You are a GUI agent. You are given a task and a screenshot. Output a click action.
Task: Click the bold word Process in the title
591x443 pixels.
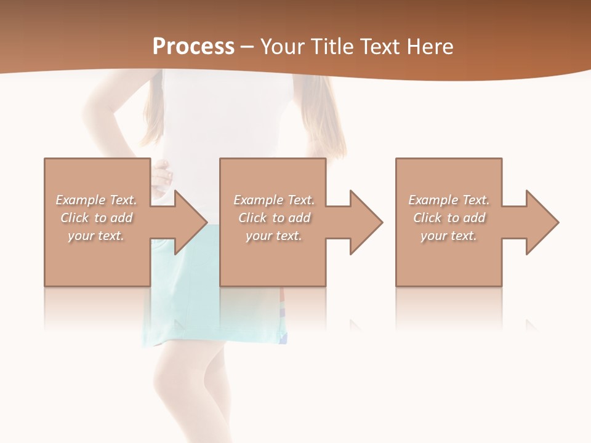tap(193, 47)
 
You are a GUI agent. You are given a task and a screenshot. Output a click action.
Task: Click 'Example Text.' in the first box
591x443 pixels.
tap(96, 200)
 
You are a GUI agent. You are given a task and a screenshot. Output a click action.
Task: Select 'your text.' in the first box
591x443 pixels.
tap(96, 236)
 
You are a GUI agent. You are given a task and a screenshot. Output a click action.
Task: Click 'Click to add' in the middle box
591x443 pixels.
tap(274, 218)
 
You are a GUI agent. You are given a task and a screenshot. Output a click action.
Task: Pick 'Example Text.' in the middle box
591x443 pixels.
tap(274, 200)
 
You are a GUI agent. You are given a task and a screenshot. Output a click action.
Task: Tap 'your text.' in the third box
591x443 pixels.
tap(449, 236)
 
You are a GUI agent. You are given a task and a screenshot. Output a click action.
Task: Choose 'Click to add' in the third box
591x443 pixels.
tap(449, 218)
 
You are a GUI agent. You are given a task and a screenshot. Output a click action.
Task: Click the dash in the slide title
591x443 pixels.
tap(247, 47)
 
